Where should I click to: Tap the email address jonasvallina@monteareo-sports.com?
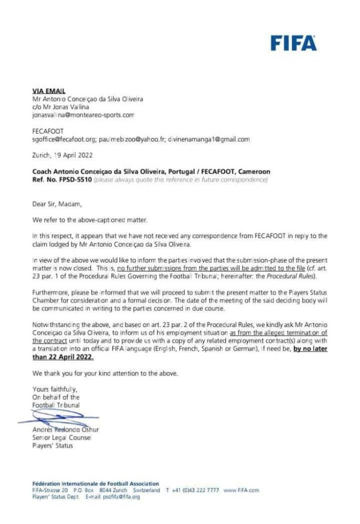[83, 116]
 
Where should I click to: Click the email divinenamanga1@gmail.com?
[211, 139]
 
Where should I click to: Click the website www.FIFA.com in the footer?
[241, 490]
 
